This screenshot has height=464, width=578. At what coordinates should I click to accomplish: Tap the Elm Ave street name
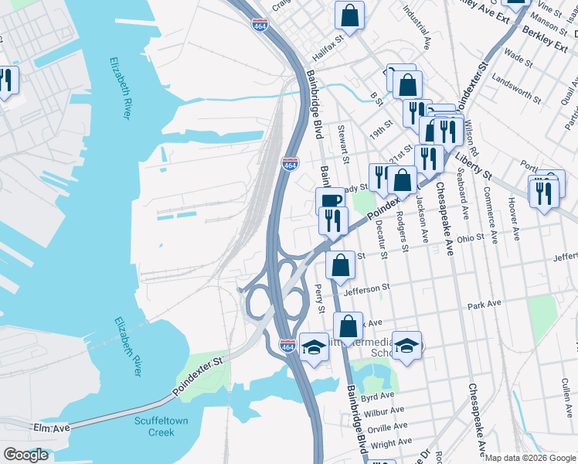click(52, 427)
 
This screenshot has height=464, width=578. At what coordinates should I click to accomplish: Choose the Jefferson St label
click(362, 290)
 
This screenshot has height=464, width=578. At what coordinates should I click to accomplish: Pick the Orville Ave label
click(386, 428)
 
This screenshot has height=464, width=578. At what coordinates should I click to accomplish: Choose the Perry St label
click(320, 299)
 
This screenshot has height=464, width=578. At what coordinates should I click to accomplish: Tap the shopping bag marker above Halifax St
click(349, 15)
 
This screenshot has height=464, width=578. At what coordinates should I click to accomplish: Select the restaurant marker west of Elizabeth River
click(6, 80)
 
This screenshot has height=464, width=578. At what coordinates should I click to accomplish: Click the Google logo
click(25, 455)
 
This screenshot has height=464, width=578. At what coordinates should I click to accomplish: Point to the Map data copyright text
click(530, 458)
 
